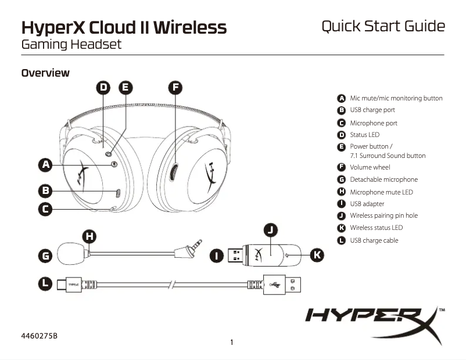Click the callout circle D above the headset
coord(103,88)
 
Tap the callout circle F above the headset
coord(175,88)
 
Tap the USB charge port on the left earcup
coord(117,193)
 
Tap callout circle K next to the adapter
coord(317,254)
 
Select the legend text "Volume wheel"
coord(370,167)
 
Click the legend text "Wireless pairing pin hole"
coord(383,215)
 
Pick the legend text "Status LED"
coord(364,135)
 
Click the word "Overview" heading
coord(45,73)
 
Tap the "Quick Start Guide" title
coord(383,27)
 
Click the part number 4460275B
coord(39,336)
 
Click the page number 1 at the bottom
coord(232,342)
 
